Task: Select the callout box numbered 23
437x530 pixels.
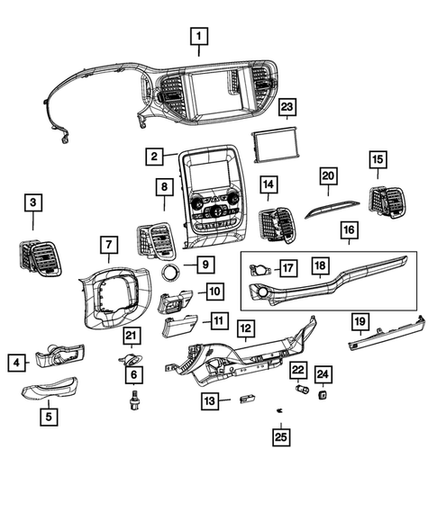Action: pos(287,110)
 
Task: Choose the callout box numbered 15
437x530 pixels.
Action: pos(377,160)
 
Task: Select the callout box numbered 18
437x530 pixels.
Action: pos(319,266)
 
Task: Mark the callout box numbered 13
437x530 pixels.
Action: pos(210,400)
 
